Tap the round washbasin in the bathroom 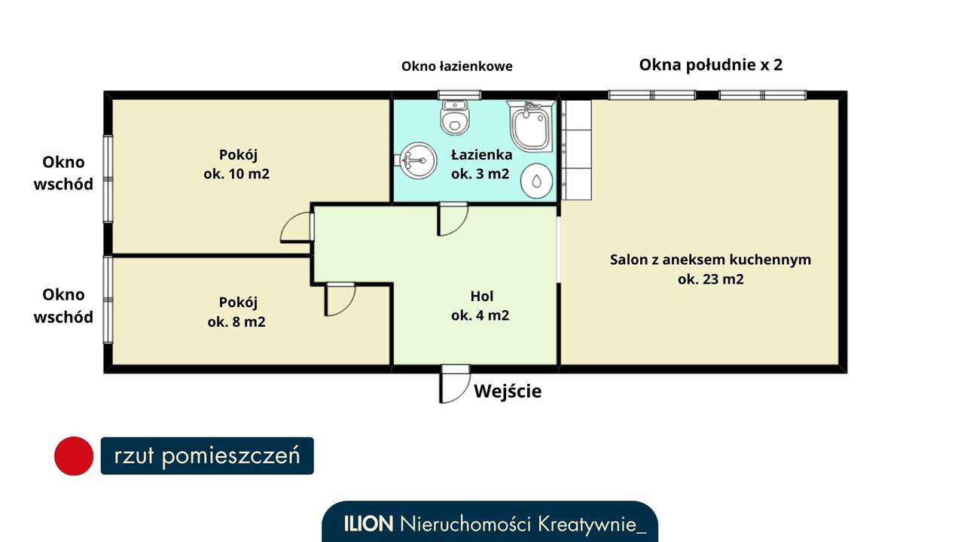(x=418, y=160)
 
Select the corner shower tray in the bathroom (x=532, y=126)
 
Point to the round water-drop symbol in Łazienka (x=537, y=181)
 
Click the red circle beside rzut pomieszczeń (x=74, y=456)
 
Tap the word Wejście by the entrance (x=508, y=391)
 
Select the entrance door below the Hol (x=454, y=384)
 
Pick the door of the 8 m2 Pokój (x=339, y=298)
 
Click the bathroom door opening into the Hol (x=453, y=218)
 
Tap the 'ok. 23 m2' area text (x=710, y=279)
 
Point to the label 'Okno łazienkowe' (x=456, y=66)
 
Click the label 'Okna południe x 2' (x=710, y=65)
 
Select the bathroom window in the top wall (x=454, y=95)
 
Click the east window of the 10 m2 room (x=108, y=178)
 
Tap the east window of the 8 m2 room (x=108, y=300)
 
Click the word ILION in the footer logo (x=369, y=524)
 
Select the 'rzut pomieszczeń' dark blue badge (x=207, y=456)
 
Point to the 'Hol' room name (x=482, y=296)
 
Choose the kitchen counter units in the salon (x=577, y=150)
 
